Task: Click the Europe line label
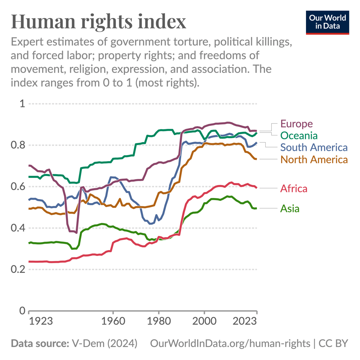[x=296, y=124]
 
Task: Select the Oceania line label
[x=299, y=136]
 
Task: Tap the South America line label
[x=314, y=147]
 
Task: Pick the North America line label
[x=314, y=159]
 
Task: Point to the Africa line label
[x=294, y=188]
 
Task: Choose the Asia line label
[x=290, y=208]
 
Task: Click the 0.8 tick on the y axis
[x=18, y=145]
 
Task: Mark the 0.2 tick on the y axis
[x=18, y=270]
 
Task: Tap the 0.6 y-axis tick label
[x=18, y=187]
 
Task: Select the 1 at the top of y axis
[x=22, y=104]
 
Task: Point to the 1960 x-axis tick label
[x=113, y=321]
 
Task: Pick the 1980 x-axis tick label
[x=158, y=321]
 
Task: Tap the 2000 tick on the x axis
[x=204, y=321]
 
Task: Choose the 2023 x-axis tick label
[x=245, y=321]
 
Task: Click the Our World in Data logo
[x=328, y=22]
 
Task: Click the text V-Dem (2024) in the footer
[x=104, y=343]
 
